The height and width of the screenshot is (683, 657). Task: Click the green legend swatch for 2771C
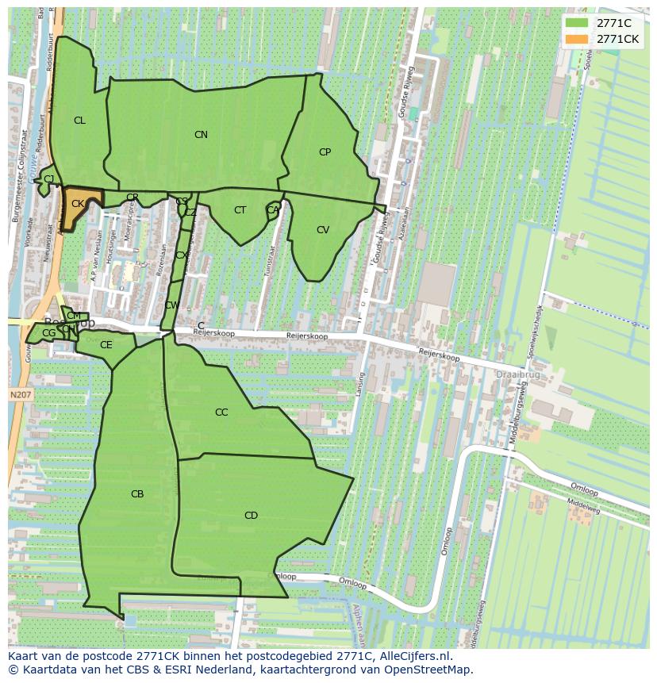pos(577,23)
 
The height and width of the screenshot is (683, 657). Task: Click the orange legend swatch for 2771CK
pos(577,39)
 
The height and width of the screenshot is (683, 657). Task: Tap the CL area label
pos(79,121)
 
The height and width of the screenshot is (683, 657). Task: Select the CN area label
pos(201,135)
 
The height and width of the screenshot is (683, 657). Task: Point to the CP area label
pos(325,152)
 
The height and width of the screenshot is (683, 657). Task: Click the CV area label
pos(323,230)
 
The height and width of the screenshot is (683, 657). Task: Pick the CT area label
pos(240,210)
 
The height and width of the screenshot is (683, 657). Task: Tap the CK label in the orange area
pos(78,204)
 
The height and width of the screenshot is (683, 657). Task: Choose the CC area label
pos(221,412)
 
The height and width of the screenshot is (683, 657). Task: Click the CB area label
pos(137,494)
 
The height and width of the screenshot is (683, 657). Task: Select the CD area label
pos(251,516)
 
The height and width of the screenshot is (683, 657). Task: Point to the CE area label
pos(106,345)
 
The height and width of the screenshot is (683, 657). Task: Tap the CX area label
pos(182,255)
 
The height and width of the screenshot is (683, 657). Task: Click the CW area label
pos(171,305)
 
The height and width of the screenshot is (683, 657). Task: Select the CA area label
pos(273,210)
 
